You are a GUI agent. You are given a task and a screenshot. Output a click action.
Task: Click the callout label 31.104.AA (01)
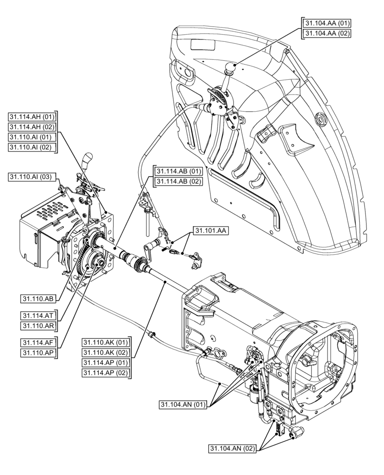[x=327, y=23]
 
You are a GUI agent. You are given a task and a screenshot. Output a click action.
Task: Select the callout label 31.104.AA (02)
[x=327, y=33]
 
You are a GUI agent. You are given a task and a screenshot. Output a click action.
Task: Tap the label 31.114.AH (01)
[x=32, y=117]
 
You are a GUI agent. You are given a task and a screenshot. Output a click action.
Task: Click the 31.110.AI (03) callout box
[x=32, y=177]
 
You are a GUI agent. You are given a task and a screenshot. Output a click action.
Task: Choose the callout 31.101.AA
[x=210, y=231]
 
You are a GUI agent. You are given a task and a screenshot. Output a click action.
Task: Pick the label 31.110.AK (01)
[x=106, y=342]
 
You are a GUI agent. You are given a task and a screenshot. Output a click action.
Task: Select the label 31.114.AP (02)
[x=106, y=372]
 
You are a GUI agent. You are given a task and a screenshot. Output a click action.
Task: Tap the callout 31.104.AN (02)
[x=233, y=448]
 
